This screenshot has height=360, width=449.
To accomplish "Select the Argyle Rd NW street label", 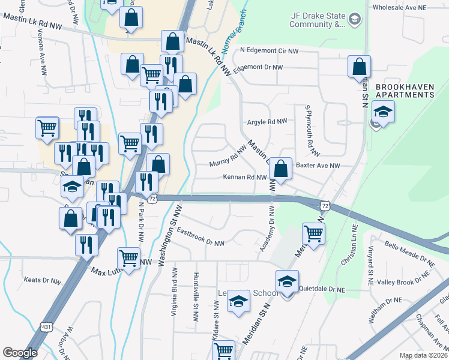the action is click(x=267, y=121).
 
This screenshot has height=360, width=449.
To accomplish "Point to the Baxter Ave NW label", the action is click(x=318, y=165).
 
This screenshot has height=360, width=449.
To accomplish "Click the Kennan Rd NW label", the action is click(x=245, y=178).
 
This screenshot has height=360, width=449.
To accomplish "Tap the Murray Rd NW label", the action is click(x=228, y=157).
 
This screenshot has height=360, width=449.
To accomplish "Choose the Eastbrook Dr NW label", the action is click(x=200, y=238).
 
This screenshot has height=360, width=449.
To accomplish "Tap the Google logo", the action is click(x=20, y=352).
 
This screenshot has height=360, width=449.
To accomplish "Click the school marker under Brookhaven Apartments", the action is click(x=382, y=112).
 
